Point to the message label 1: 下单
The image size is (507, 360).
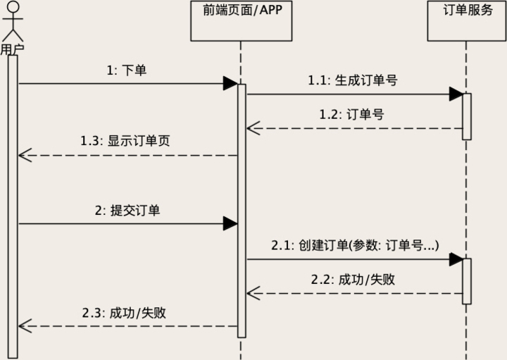pyautogui.click(x=127, y=70)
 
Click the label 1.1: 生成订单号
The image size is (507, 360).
pyautogui.click(x=353, y=80)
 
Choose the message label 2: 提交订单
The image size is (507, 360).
pyautogui.click(x=127, y=210)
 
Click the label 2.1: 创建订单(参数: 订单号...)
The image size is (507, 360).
pyautogui.click(x=355, y=245)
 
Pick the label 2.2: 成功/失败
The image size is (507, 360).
pyautogui.click(x=353, y=279)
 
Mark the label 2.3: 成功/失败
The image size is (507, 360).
pyautogui.click(x=127, y=312)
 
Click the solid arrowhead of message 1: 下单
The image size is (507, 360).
pyautogui.click(x=230, y=84)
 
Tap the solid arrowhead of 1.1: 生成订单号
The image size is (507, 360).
pyautogui.click(x=456, y=94)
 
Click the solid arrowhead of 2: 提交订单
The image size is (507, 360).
pyautogui.click(x=230, y=224)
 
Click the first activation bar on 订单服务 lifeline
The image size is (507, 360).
pyautogui.click(x=466, y=116)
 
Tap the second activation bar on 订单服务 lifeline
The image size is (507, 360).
pyautogui.click(x=466, y=280)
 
